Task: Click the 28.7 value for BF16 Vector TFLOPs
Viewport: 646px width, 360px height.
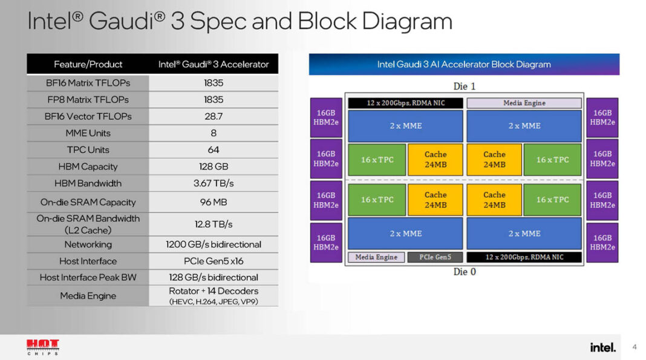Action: [214, 116]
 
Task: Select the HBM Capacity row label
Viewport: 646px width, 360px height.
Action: [88, 166]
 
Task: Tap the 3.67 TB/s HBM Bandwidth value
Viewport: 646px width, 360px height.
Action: [214, 183]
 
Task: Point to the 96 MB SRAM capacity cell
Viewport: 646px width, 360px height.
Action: [214, 202]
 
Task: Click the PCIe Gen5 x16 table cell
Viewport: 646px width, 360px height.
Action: [214, 261]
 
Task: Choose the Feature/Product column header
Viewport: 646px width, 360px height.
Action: [88, 64]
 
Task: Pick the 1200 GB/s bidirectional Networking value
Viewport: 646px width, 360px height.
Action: [214, 244]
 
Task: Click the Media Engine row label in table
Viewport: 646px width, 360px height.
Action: [88, 296]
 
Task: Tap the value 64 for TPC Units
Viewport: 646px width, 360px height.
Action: [214, 149]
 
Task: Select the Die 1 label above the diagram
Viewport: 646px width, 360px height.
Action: [465, 87]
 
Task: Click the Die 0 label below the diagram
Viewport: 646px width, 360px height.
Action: [465, 272]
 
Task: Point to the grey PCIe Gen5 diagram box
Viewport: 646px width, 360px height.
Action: [435, 257]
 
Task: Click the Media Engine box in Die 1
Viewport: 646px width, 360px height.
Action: [524, 103]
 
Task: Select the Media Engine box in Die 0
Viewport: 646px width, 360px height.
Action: [376, 257]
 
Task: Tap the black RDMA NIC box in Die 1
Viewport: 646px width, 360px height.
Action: [405, 103]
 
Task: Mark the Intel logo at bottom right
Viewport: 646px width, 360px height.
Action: [602, 347]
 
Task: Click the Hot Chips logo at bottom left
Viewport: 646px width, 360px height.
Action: [43, 347]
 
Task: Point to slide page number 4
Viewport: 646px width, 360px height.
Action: [635, 347]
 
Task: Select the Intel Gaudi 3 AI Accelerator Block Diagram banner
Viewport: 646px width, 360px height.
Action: [464, 64]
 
